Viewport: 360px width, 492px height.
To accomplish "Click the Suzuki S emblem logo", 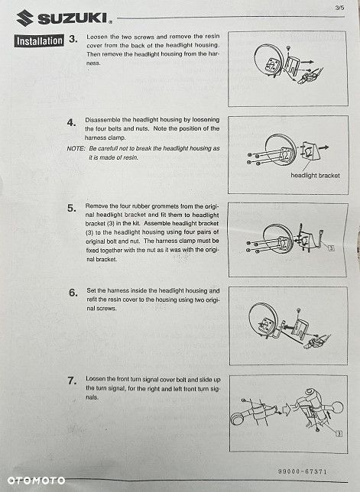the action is click(x=24, y=18).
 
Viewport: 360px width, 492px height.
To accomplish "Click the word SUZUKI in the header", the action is click(x=73, y=19).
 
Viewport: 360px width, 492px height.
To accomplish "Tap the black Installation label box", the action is click(x=39, y=40).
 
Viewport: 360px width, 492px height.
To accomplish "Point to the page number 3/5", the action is click(x=339, y=8).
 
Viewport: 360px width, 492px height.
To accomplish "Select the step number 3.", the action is click(x=73, y=39).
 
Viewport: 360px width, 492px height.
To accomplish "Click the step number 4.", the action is click(x=72, y=123).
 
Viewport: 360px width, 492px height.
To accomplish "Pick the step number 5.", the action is click(x=72, y=209).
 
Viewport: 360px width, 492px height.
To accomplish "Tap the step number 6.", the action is click(x=73, y=293).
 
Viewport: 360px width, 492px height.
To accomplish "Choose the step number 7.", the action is click(x=72, y=381).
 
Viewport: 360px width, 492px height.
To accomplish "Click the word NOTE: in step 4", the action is click(x=76, y=148).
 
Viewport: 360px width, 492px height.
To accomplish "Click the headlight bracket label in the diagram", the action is click(x=315, y=176).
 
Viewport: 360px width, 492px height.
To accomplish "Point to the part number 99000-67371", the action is click(x=303, y=471).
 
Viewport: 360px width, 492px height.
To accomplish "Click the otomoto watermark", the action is click(x=36, y=481).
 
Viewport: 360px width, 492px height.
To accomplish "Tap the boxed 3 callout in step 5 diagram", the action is click(x=331, y=248).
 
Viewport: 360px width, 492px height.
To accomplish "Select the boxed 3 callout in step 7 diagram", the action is click(x=339, y=434).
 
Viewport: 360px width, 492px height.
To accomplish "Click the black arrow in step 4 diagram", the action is click(x=323, y=147).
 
